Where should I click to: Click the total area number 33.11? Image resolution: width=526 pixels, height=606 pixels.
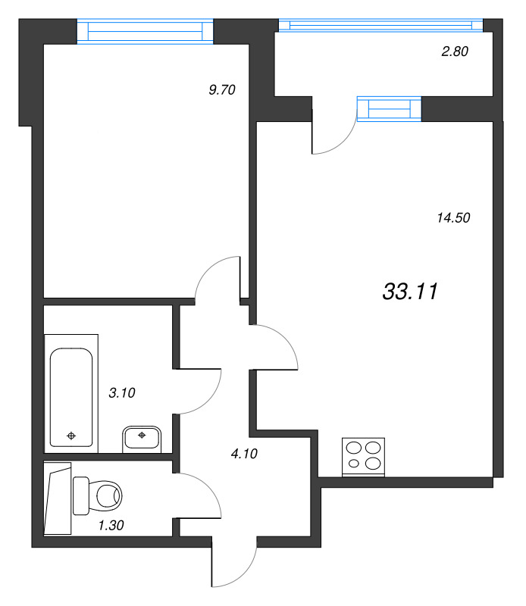411,292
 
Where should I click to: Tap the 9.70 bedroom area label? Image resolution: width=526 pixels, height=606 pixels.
223,90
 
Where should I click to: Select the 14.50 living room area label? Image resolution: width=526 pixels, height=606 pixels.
454,218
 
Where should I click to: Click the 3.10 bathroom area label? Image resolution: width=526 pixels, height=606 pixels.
123,392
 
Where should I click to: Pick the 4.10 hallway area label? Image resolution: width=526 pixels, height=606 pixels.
244,454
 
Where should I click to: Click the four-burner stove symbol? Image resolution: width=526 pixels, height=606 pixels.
363,457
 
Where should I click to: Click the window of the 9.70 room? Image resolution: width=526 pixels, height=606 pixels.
145,31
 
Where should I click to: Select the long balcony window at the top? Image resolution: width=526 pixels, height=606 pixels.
380,25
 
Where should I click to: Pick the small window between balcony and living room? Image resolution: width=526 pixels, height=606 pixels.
389,109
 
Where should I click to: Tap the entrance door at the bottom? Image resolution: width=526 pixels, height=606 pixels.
236,564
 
